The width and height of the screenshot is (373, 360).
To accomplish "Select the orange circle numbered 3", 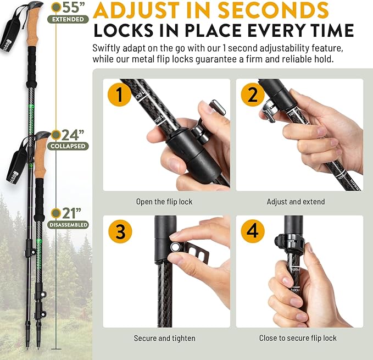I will click(x=119, y=231).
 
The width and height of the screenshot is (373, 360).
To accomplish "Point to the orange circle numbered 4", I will click(x=253, y=231).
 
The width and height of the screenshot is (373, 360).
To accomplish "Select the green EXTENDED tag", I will click(x=68, y=20).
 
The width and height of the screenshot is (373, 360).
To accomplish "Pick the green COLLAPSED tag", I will click(x=68, y=146).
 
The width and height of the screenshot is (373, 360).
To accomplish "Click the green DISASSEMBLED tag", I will click(x=68, y=225).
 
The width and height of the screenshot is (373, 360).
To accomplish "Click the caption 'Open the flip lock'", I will click(x=164, y=202).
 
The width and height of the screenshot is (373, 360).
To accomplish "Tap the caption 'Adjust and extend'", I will click(x=296, y=202).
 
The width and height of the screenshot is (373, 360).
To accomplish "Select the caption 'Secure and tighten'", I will click(x=164, y=338).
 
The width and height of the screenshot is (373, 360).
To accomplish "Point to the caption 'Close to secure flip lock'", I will click(x=298, y=338).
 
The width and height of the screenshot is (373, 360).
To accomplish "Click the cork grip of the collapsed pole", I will click(x=40, y=164).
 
